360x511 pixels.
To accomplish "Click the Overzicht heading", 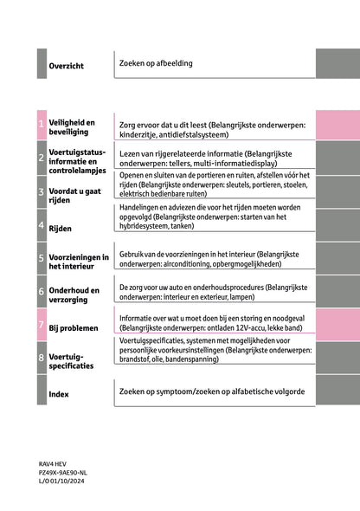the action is point(66,66).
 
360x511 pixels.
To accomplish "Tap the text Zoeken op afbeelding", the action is point(156,63).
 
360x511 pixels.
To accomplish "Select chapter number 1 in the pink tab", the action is point(41,126).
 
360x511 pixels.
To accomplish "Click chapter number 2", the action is point(41,158).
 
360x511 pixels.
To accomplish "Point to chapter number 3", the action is point(41,191).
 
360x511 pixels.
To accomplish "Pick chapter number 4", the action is point(41,225).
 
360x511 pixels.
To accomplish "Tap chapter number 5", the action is point(41,257).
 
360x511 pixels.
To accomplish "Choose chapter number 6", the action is point(41,291).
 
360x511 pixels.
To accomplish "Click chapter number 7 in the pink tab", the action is point(41,325).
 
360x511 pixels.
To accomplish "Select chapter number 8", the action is point(41,357).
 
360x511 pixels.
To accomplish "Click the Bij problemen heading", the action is point(74,328).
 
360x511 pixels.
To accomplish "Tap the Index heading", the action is point(59,394).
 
